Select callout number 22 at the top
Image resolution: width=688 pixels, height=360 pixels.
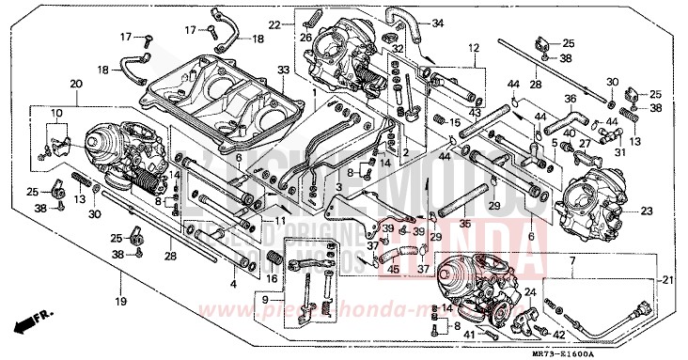pos(274,23)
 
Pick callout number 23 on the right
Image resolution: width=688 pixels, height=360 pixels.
pos(646,211)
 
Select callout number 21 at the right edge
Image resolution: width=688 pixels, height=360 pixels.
pos(667,279)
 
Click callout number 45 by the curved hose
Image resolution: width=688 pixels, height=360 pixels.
pos(394,271)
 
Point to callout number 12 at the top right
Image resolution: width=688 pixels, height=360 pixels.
pos(473,47)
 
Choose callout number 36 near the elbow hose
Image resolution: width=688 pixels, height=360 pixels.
pos(570,98)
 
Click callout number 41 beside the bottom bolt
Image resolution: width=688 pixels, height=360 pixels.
pos(466,333)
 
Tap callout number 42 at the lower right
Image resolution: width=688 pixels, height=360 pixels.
pos(559,333)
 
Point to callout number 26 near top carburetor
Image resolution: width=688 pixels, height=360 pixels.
pos(305,38)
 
